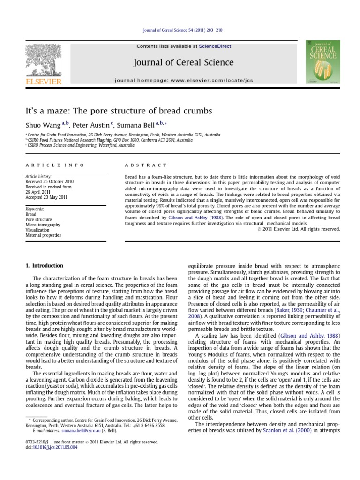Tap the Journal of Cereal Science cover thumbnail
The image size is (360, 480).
pyautogui.click(x=323, y=62)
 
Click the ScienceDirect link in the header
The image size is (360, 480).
pyautogui.click(x=215, y=46)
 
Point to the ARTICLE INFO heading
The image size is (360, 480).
pyautogui.click(x=55, y=165)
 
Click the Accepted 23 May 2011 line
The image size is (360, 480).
pyautogui.click(x=46, y=197)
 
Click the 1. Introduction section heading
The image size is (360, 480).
pyautogui.click(x=44, y=266)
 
